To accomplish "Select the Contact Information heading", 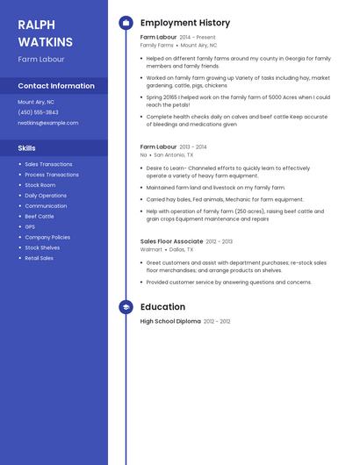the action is tap(56, 86).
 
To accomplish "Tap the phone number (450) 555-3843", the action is tap(38, 112).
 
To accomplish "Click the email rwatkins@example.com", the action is tap(48, 123).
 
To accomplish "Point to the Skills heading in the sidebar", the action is tap(27, 148).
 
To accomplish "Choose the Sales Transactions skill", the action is tap(48, 164).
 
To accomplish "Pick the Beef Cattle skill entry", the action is tap(39, 216).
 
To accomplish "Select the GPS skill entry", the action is tap(30, 226).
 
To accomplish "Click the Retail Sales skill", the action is tap(39, 258).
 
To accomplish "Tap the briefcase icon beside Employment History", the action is tap(126, 23).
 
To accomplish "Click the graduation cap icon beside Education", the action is tap(126, 307).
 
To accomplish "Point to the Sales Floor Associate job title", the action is tap(171, 241).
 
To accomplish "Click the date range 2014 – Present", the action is tap(198, 38).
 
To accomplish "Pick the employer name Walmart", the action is tap(151, 249).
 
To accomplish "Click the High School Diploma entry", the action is tap(170, 321).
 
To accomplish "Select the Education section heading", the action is tap(162, 307).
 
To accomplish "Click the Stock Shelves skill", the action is tap(42, 247).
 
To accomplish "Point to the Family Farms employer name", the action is tap(156, 45).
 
